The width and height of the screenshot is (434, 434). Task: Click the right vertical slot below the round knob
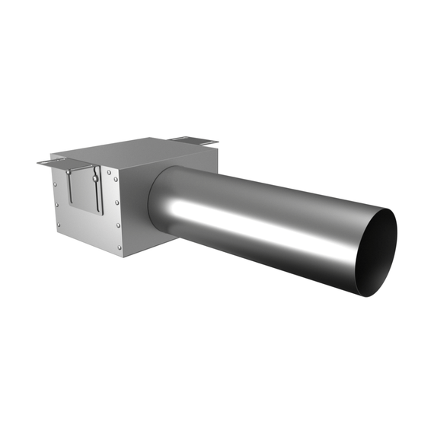97,198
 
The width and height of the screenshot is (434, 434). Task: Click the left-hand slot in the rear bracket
183,139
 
